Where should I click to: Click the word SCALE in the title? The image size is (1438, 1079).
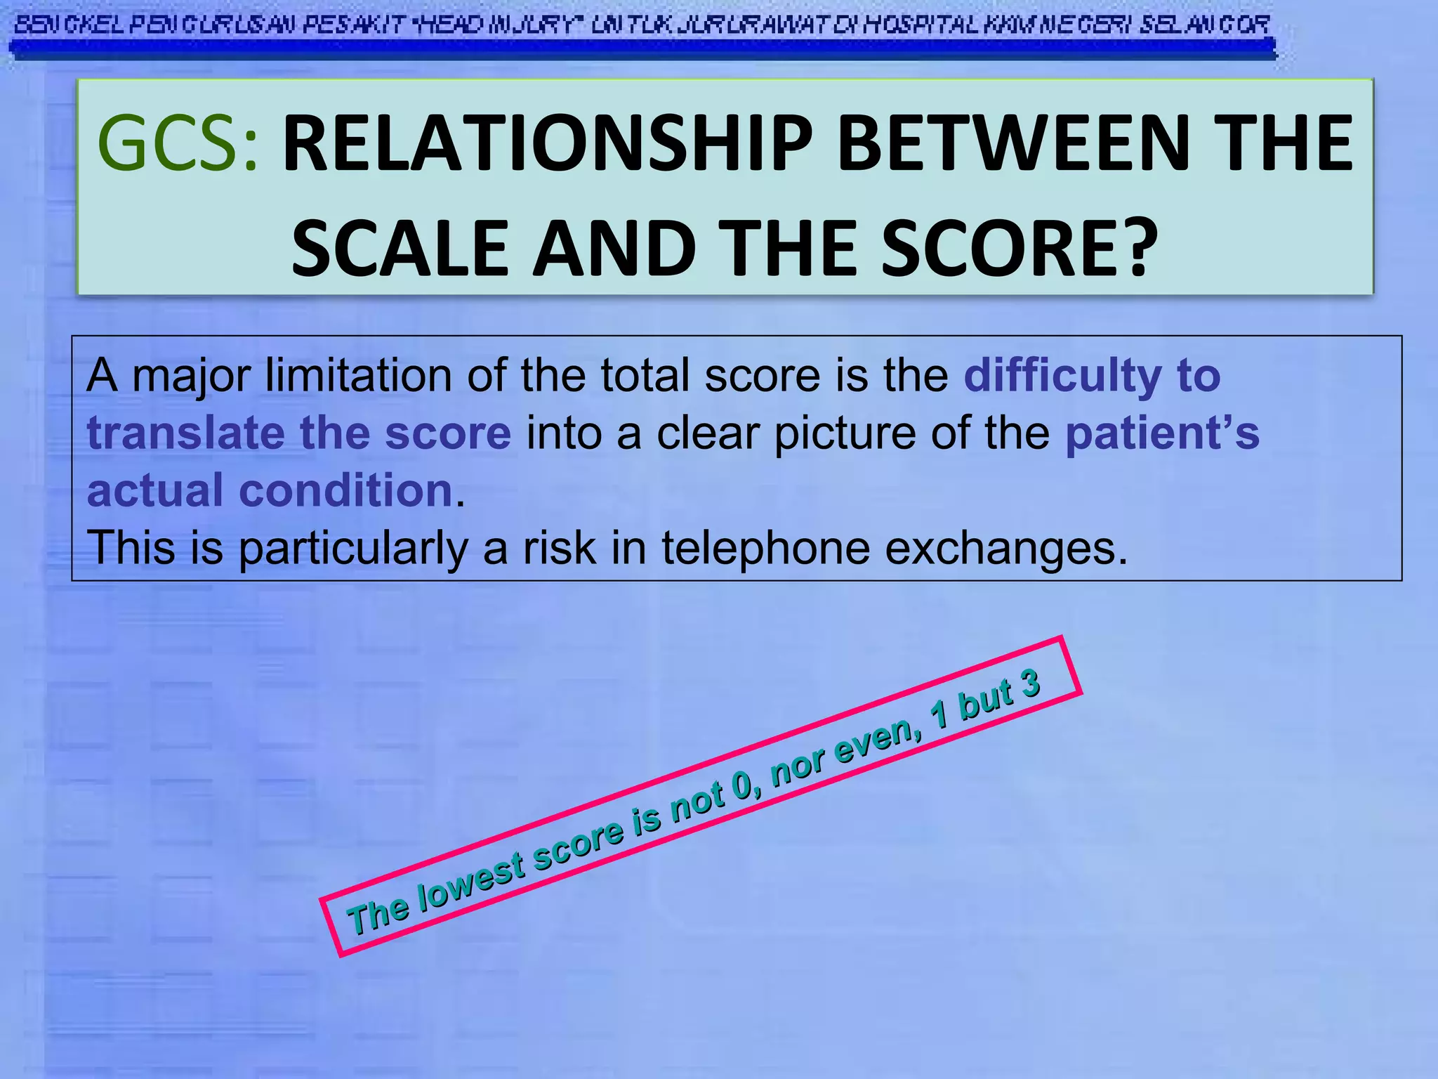click(x=400, y=248)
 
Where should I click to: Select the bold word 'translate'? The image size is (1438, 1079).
click(x=185, y=433)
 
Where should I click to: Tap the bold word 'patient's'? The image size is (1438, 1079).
click(x=1162, y=433)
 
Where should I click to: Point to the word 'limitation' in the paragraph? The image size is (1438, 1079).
click(x=358, y=375)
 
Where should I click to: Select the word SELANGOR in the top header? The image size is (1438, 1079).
click(x=1205, y=26)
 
